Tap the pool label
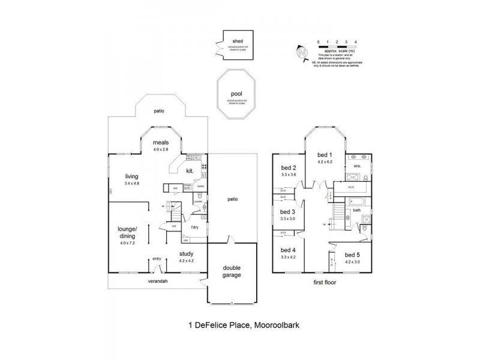[x=236, y=94]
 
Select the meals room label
[x=160, y=142]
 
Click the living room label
[x=132, y=176]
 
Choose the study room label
[x=187, y=254]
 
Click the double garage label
[x=232, y=272]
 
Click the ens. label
[x=357, y=166]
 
